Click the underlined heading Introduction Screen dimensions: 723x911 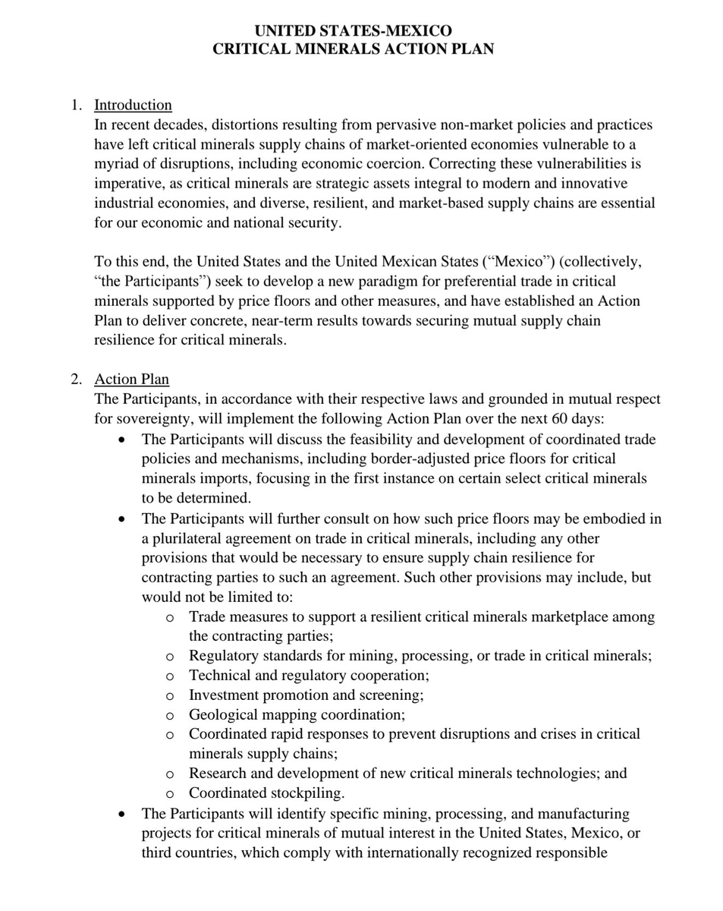(x=133, y=105)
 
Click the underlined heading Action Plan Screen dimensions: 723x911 (x=131, y=379)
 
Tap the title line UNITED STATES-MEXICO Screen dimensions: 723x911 (x=353, y=30)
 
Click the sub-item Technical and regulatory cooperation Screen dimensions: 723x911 (x=309, y=675)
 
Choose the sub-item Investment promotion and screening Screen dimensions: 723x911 (x=306, y=695)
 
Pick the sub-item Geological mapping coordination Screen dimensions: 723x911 (x=297, y=714)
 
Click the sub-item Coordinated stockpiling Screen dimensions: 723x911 (x=266, y=793)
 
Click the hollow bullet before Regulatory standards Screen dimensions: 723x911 (x=170, y=657)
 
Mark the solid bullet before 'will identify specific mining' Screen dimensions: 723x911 (x=122, y=815)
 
